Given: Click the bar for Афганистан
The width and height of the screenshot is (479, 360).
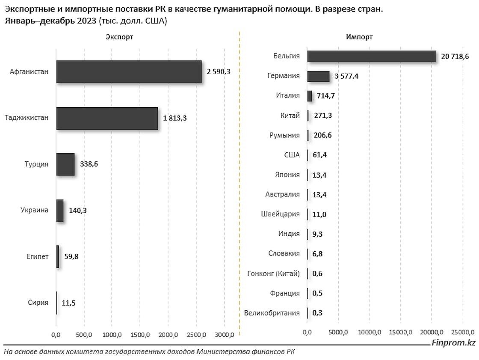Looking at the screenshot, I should (x=129, y=71).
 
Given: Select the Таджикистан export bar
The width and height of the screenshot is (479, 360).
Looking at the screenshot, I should (x=107, y=118).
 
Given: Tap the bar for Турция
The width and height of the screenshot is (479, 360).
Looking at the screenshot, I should (x=65, y=164).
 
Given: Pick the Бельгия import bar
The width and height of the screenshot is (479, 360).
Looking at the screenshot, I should (x=371, y=57).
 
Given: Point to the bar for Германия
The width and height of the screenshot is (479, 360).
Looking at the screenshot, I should (x=318, y=76).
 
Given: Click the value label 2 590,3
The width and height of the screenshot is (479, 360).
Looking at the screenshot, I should (x=219, y=71).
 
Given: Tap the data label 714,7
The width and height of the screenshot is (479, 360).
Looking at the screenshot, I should (x=325, y=96).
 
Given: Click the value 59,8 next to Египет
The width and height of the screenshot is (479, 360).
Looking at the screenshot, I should (x=71, y=256).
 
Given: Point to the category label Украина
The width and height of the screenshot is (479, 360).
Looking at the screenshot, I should (x=34, y=210).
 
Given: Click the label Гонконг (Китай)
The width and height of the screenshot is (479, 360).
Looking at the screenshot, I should (x=274, y=274).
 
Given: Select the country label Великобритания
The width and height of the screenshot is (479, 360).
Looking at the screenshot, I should (x=272, y=313).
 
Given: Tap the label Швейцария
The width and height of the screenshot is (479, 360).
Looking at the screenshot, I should (x=280, y=214).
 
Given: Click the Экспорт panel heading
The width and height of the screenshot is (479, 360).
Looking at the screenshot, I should (x=119, y=37).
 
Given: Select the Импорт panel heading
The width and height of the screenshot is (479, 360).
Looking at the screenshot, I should (x=359, y=37).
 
